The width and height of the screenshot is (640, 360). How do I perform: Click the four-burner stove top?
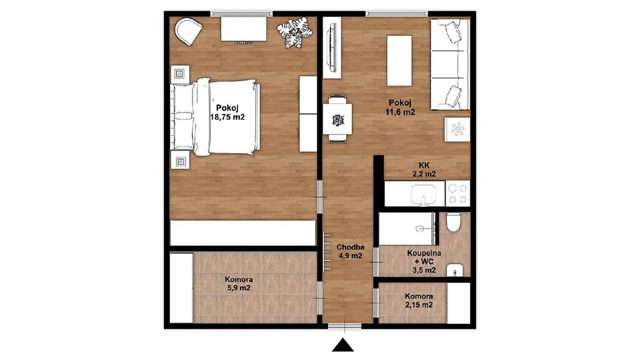[457, 194]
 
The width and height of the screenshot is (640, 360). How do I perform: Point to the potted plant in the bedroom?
[294, 32]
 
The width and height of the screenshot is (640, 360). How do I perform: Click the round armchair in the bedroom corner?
[189, 31]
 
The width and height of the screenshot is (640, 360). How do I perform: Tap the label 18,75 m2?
[227, 117]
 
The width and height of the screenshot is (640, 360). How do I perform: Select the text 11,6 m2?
[401, 111]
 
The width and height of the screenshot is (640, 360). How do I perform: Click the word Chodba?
[350, 247]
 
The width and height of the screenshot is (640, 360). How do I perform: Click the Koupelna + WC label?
[424, 257]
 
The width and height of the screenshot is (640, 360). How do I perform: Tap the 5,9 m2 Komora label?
[239, 284]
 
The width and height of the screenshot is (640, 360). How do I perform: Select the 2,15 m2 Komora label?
[419, 301]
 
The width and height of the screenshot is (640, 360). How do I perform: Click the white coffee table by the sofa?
[399, 61]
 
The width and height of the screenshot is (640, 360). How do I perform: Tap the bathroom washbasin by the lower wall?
[455, 271]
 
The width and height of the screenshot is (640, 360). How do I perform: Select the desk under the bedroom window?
[244, 29]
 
